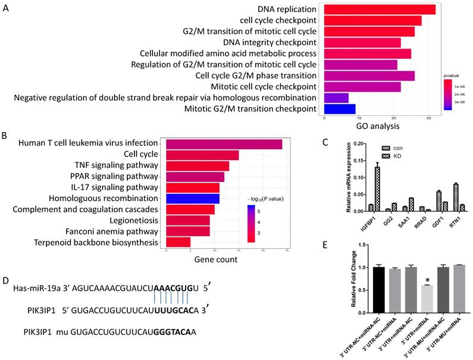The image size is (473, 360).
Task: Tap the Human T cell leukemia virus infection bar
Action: [224, 143]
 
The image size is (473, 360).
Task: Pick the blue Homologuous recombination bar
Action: [193, 198]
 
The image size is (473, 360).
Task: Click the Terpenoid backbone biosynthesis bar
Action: [178, 242]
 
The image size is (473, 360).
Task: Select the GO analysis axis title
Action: [380, 126]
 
